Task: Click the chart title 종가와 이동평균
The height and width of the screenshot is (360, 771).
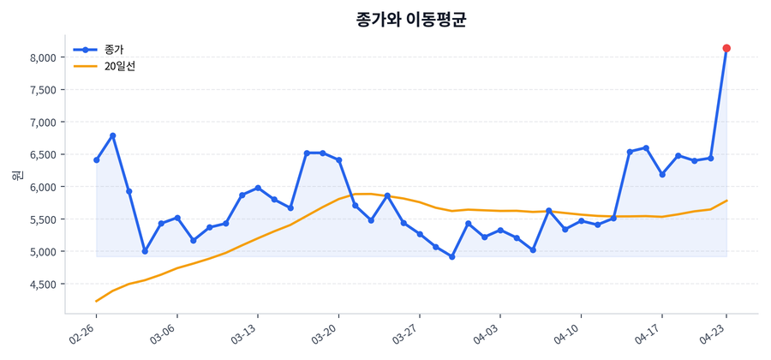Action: click(x=411, y=19)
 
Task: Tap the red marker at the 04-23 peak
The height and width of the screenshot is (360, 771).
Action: click(x=726, y=48)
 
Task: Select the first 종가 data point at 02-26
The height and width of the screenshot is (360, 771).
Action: click(x=96, y=160)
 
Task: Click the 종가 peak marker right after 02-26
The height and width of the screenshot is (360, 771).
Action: click(x=112, y=135)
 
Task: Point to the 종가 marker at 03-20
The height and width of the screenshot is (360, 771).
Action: click(x=339, y=160)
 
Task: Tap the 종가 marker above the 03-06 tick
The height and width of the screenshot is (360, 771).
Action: click(x=176, y=218)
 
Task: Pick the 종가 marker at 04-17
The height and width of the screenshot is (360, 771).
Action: click(x=661, y=174)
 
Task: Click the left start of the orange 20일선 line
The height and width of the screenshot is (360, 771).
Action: click(x=96, y=301)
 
